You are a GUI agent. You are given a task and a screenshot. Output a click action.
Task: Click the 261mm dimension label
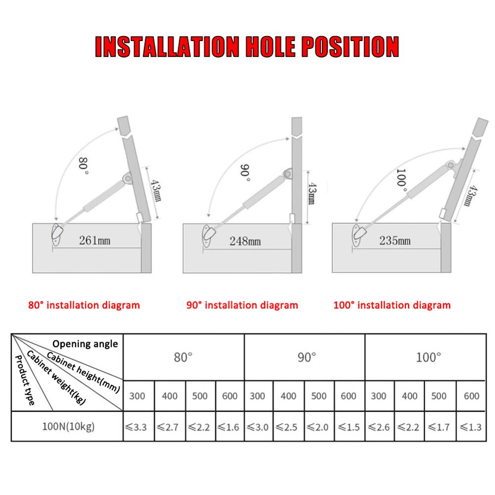[95, 241]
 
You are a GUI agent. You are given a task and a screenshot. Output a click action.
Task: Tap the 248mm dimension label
[245, 241]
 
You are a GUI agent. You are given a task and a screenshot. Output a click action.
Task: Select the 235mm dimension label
[395, 241]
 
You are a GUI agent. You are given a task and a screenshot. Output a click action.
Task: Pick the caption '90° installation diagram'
[242, 305]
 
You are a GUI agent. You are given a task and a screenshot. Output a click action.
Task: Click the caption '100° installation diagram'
[392, 305]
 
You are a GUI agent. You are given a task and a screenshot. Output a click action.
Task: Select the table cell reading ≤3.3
[139, 427]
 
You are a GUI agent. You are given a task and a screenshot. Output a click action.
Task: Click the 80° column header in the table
[183, 357]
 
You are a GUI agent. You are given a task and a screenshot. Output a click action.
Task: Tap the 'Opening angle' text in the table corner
[85, 344]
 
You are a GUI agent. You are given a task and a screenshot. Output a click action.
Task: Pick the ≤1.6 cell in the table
[230, 427]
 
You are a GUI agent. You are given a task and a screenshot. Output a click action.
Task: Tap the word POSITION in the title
[344, 47]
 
